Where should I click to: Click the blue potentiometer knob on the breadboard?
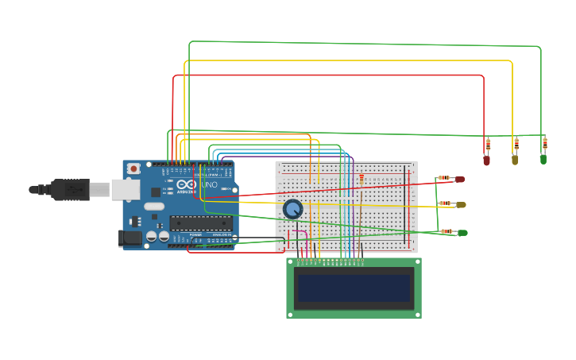click(292, 209)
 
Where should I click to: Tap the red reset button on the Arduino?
click(133, 168)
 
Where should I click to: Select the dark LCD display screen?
click(354, 288)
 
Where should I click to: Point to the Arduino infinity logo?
click(186, 184)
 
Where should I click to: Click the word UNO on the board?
click(209, 184)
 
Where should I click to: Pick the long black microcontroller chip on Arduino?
click(200, 223)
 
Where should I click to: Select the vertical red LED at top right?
click(486, 160)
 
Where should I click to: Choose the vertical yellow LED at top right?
click(515, 160)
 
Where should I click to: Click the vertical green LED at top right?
click(543, 159)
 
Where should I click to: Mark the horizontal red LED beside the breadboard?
click(459, 179)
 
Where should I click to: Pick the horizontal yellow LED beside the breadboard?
click(461, 204)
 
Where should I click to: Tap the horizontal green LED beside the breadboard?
click(462, 233)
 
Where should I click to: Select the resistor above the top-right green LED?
click(544, 143)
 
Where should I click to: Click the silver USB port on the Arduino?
click(125, 189)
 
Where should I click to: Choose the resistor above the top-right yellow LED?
click(516, 144)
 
